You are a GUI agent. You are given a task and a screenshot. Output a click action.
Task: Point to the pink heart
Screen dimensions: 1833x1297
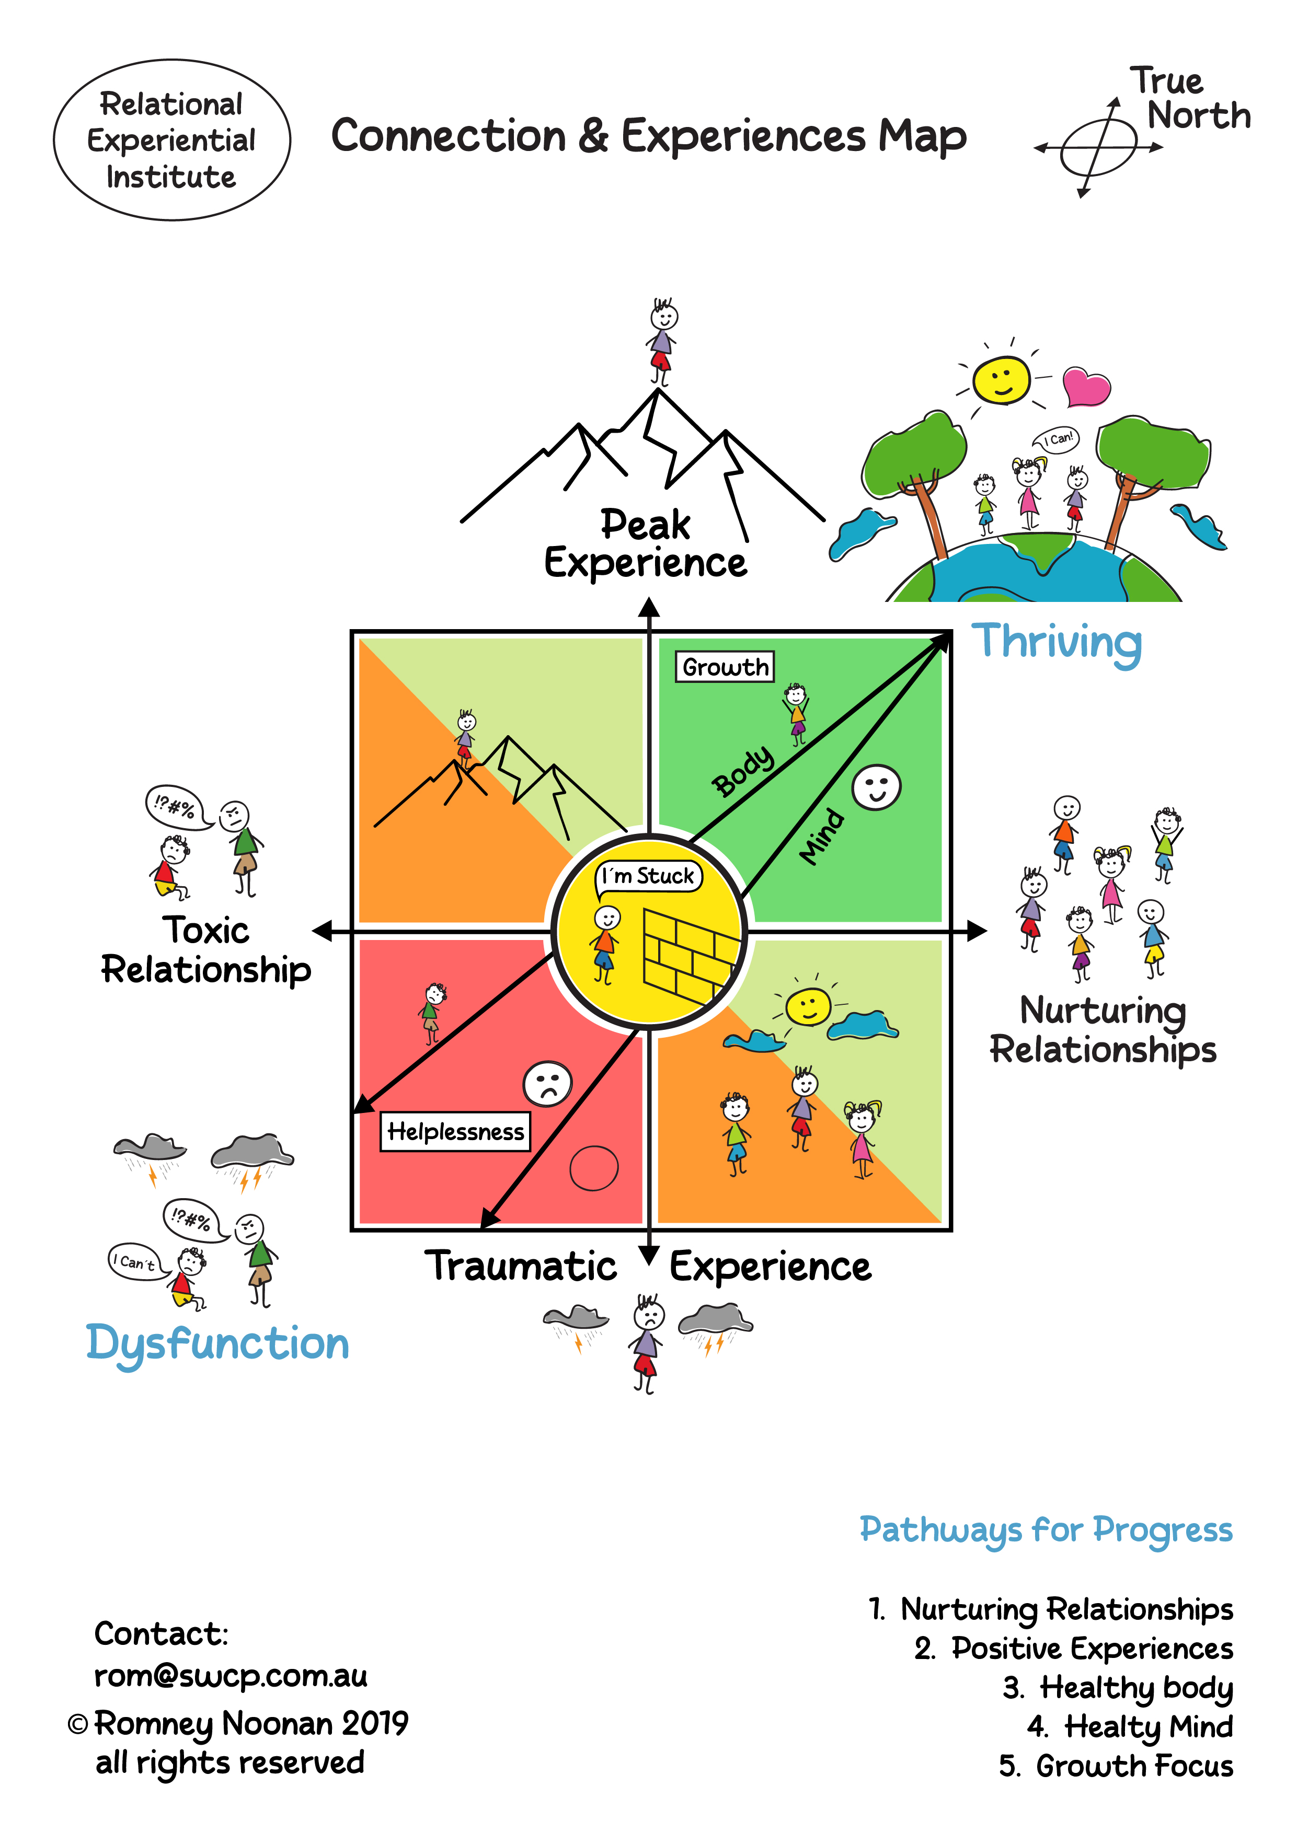(1086, 386)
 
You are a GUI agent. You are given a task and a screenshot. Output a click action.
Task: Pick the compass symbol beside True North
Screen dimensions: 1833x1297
(1098, 148)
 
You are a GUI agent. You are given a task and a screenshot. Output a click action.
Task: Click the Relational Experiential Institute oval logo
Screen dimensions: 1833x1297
(171, 140)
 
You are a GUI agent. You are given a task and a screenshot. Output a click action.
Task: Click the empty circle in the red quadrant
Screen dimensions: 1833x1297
(593, 1168)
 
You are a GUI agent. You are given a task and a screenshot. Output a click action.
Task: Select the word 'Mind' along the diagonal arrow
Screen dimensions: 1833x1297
(822, 836)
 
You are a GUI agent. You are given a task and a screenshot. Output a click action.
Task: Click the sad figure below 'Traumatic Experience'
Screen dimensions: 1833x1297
(647, 1343)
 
